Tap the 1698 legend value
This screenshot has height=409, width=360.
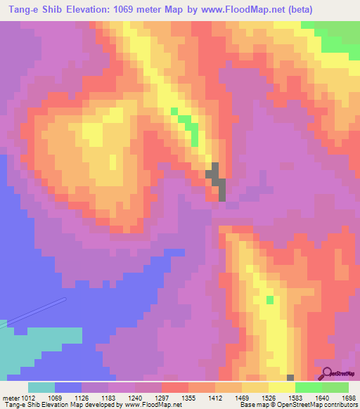pyautogui.click(x=349, y=397)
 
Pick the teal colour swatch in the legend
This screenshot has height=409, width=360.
pyautogui.click(x=41, y=387)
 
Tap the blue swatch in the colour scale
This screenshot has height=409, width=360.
pyautogui.click(x=68, y=387)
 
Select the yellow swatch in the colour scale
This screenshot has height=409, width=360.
pyautogui.click(x=282, y=387)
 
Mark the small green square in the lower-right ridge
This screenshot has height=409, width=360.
pyautogui.click(x=270, y=300)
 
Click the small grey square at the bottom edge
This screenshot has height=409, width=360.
pyautogui.click(x=290, y=378)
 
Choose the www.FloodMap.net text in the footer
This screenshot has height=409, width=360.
pyautogui.click(x=153, y=405)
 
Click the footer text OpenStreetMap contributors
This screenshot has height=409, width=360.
pyautogui.click(x=321, y=405)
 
